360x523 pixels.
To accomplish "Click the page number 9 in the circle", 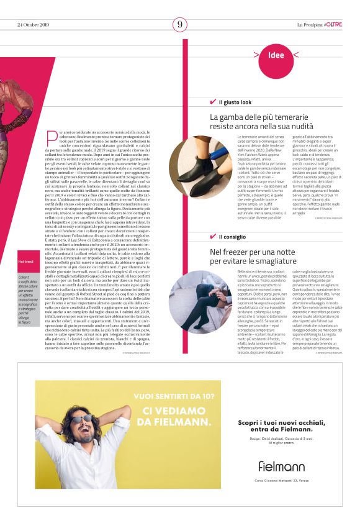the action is (x=180, y=24).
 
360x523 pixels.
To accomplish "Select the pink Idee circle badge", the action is (x=276, y=55).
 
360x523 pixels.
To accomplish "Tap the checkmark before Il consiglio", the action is (x=213, y=237).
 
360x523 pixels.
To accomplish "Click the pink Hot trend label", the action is (x=25, y=261).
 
